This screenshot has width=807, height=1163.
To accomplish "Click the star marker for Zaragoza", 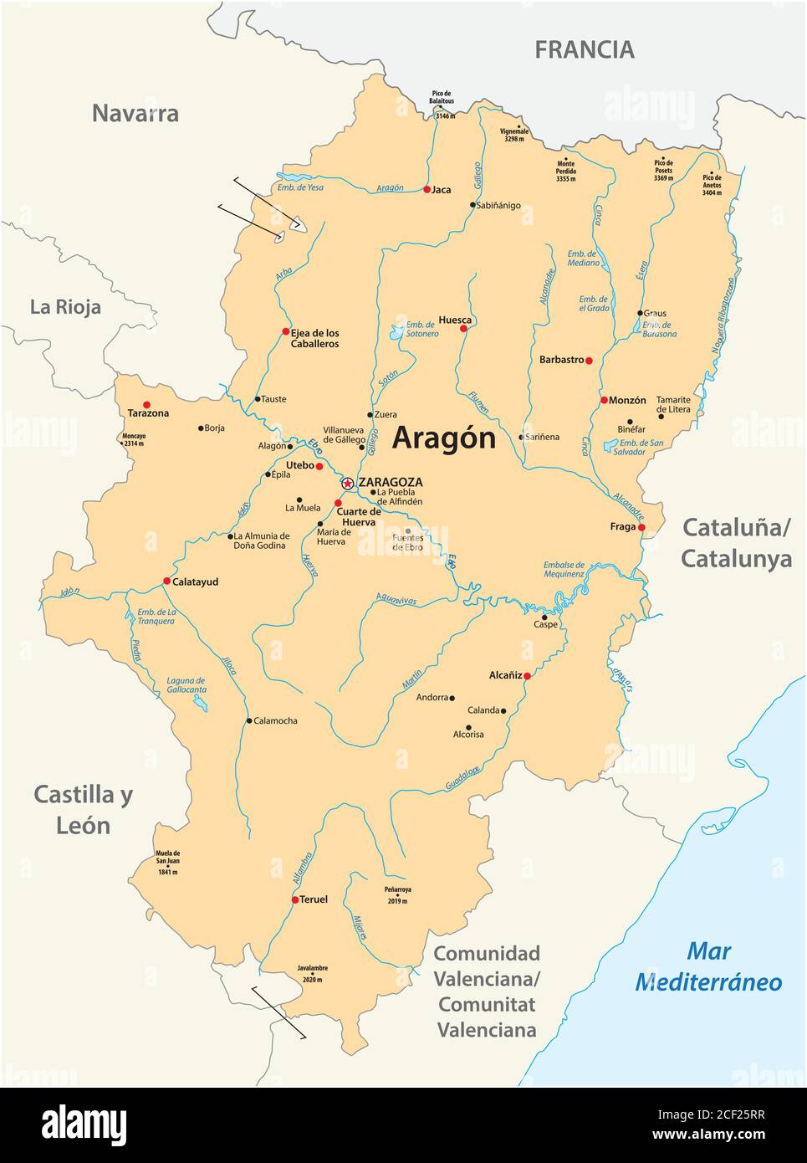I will (x=347, y=484).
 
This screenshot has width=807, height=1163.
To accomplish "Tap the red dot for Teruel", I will (x=295, y=900).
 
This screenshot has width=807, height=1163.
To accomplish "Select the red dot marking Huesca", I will (x=463, y=329).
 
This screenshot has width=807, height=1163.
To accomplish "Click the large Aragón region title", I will (x=443, y=438).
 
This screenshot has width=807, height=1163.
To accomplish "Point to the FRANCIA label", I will (x=585, y=50).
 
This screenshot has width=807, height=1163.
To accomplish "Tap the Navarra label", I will (x=135, y=114).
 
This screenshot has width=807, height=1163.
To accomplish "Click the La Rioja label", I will (x=65, y=307).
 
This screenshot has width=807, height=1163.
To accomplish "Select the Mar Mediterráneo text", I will (x=709, y=966).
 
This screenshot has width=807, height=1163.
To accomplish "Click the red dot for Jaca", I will (x=426, y=190).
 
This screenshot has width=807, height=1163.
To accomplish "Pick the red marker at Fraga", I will (x=641, y=527).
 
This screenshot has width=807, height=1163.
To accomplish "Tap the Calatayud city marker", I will (x=166, y=581).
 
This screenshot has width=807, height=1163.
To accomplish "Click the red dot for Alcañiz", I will (x=527, y=675).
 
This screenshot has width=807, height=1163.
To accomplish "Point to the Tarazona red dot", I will (x=147, y=404).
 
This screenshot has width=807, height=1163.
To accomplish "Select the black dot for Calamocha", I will (x=249, y=720).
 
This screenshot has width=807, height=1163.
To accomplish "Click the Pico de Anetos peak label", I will (x=712, y=184).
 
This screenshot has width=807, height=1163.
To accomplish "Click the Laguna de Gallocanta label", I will (x=186, y=685).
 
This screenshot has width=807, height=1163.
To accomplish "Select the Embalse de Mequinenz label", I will (x=564, y=569).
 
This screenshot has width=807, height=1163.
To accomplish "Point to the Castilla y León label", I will (x=83, y=809).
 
